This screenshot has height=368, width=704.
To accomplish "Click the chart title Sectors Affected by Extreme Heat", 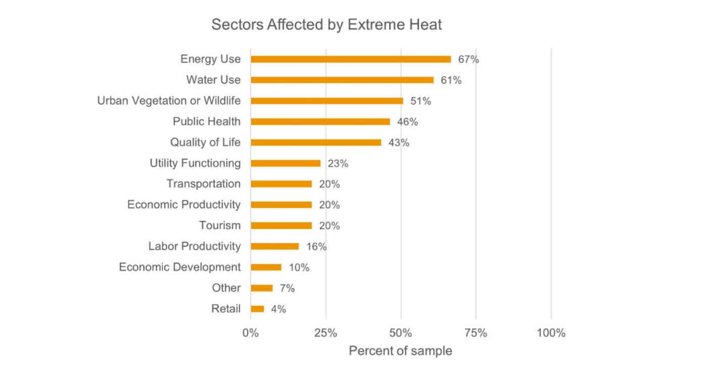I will pos(326,24).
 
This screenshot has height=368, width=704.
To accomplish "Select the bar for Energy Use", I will pos(351,59).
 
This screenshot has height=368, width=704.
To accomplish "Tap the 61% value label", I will pos(451,80).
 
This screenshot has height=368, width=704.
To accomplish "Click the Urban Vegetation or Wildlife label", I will pos(169,101).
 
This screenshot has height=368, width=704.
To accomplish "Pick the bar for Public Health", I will pos(320,122).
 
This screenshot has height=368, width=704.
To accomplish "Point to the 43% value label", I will pos(398,143).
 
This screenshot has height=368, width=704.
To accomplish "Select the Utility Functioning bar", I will pos(286,163).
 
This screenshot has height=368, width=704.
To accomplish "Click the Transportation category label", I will pos(203,184).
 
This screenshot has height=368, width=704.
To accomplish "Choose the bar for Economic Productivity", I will pos(281,205).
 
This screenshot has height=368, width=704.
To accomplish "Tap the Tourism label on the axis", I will pos(219,225).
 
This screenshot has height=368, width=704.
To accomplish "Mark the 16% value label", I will pos(316,247).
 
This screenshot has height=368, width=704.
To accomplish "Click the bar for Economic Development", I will pos(266,267).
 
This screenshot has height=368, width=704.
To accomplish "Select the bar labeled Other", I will pos(261,288).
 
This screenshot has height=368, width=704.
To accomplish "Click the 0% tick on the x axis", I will pos(250,333).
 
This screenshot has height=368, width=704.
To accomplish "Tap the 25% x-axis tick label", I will pos(325,333).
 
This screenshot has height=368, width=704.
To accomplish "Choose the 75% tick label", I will pos(476,333).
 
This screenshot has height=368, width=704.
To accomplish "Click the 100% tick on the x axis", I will pos(551,333).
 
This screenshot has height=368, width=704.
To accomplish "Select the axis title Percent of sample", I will pos(400,351).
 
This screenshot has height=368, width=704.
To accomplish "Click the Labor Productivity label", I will pos(194,246).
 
